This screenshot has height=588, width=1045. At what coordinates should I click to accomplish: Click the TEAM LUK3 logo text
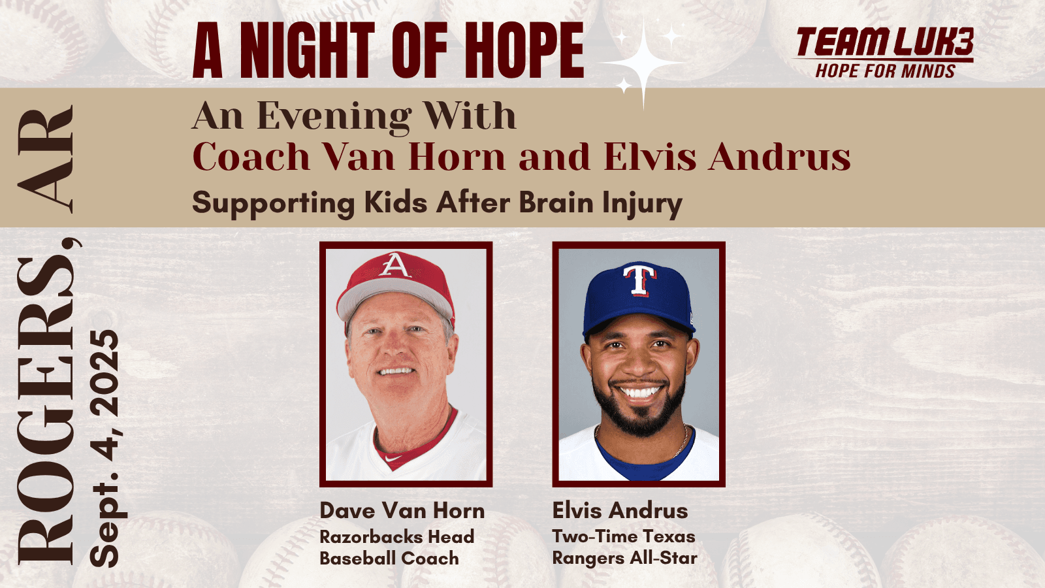[884, 42]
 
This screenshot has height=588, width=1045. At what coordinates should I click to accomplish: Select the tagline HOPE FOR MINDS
[885, 71]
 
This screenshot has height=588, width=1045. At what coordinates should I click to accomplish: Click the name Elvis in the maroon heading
[649, 157]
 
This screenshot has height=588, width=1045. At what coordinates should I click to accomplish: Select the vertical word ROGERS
[47, 408]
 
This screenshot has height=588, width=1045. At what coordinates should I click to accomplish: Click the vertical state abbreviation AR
[47, 160]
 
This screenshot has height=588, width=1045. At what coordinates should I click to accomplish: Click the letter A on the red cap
[394, 265]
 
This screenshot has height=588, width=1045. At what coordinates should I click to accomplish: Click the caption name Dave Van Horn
[402, 510]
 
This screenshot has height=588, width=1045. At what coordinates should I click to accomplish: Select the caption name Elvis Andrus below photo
[620, 510]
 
